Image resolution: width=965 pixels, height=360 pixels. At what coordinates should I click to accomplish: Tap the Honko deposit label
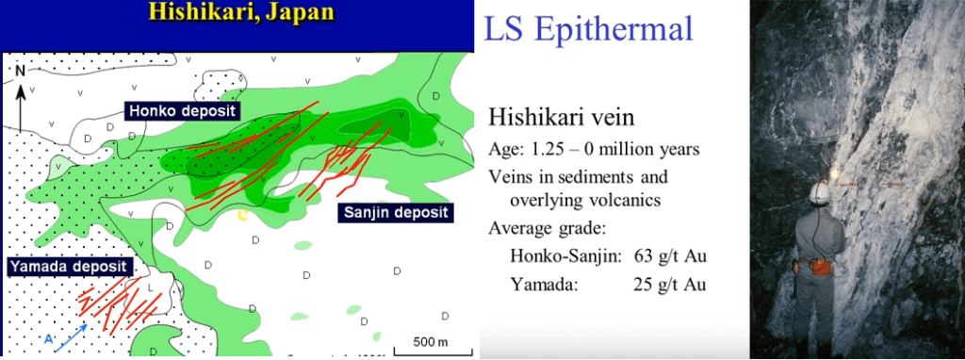click(180, 111)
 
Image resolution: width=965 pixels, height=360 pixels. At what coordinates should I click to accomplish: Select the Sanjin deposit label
click(394, 212)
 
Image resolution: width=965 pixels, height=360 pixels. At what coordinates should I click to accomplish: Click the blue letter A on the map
click(48, 337)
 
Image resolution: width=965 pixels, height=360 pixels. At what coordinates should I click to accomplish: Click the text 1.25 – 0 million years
click(621, 151)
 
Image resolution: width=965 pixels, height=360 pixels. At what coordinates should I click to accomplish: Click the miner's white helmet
click(818, 191)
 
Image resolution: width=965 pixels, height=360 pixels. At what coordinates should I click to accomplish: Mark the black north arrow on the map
click(20, 106)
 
